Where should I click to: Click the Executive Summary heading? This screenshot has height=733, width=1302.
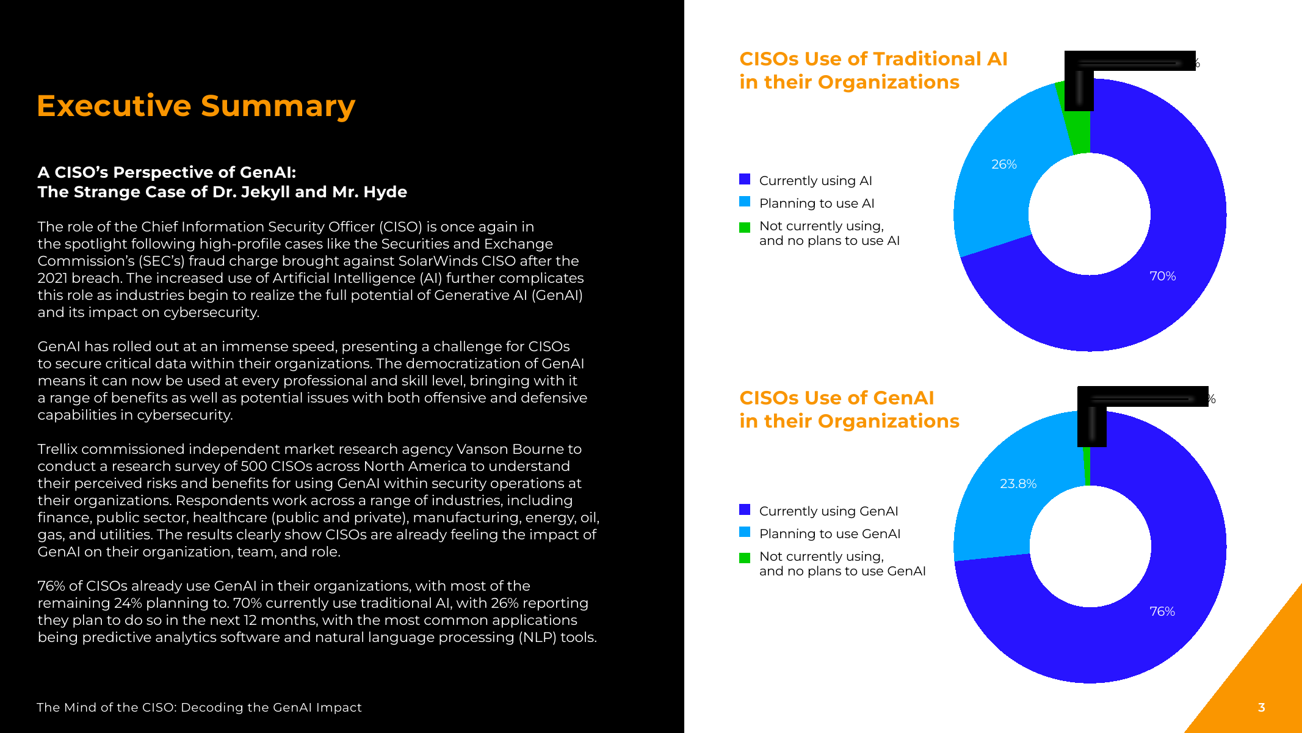[196, 106]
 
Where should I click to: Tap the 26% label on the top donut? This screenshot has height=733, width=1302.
[1004, 164]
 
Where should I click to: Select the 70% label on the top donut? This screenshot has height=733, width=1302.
[1162, 276]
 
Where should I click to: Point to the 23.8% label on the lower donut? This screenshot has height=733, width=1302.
[1018, 484]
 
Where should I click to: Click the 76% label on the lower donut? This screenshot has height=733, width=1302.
[1162, 611]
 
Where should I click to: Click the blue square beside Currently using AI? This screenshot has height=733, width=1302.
[745, 180]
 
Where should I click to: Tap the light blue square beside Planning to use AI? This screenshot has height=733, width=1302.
[745, 202]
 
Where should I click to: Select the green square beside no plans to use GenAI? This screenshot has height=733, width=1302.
[745, 558]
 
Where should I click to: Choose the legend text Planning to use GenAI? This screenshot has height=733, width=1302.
[830, 534]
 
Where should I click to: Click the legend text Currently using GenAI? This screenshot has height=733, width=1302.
[828, 511]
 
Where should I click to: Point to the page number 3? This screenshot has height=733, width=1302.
[1261, 707]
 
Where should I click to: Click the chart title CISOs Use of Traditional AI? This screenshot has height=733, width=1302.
[873, 59]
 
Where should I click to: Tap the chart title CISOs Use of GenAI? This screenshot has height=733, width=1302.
[836, 398]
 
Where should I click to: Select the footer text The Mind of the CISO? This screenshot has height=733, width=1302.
[199, 707]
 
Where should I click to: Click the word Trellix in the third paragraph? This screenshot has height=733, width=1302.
[57, 449]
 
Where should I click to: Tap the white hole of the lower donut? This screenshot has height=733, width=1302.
[1090, 546]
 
